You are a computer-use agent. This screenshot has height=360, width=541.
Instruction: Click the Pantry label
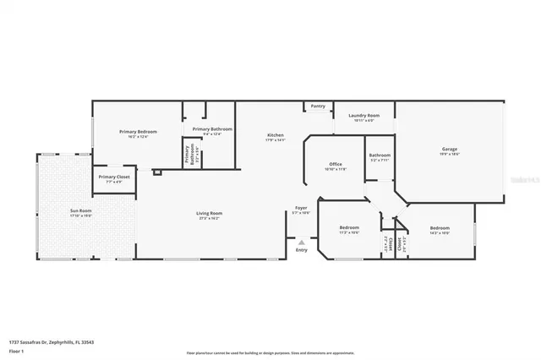[x=318, y=106]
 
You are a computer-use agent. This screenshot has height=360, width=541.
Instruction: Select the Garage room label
[x=449, y=150]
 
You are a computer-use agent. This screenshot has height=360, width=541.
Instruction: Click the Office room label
[x=336, y=164]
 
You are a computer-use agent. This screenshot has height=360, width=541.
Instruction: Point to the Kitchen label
[x=276, y=135]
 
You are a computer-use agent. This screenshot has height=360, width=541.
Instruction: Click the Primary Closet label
[x=110, y=177]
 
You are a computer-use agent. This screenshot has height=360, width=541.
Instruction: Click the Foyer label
[x=301, y=207]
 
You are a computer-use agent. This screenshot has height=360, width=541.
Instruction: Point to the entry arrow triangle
[x=301, y=241]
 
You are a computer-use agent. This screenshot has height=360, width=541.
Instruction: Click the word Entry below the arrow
[x=301, y=249]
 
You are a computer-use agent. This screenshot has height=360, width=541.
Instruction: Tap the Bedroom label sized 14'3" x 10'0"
[x=440, y=228]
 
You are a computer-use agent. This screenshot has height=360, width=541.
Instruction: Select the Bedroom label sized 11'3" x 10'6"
[x=349, y=227]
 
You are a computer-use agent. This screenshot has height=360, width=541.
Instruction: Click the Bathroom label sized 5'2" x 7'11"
[x=380, y=155]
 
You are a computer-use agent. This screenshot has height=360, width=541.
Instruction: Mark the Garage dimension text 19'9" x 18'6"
[x=449, y=155]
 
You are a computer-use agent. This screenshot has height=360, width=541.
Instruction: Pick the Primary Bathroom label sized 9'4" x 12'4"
[x=207, y=129]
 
